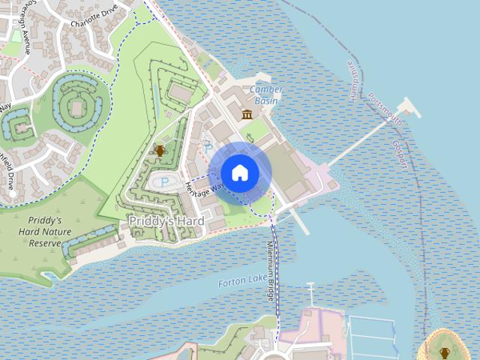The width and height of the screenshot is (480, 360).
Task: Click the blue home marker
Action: coord(240,172)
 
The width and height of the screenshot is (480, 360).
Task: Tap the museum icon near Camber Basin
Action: coord(247,114)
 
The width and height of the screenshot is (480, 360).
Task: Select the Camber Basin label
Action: coord(266,94)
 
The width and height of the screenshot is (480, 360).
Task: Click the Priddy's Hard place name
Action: coord(166,221)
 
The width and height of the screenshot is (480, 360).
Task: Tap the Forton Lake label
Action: coord(241,281)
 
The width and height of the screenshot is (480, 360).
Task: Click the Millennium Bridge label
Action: coord(270,272)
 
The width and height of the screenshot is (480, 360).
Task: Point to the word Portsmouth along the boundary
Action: coord(385,110)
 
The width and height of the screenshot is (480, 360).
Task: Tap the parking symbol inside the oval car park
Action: coord(164,182)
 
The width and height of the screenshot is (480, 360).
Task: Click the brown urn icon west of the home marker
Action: coord(159,151)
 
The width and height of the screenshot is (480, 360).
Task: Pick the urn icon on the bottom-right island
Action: coord(445,352)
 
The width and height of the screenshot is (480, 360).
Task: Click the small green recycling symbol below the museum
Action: coord(261,137)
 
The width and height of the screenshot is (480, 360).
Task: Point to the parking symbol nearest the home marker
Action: coord(208,148)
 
